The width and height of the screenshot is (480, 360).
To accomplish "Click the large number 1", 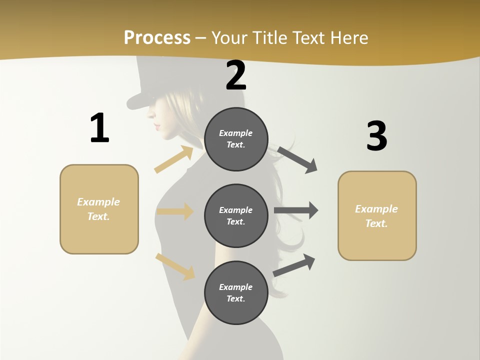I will [99, 128].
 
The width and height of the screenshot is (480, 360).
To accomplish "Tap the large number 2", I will [236, 75].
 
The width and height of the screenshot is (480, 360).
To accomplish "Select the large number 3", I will [376, 136].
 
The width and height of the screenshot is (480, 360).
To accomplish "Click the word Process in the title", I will [157, 37].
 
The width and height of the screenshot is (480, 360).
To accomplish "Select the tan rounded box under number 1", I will [99, 209].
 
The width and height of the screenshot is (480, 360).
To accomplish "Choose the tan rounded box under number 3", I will [377, 215].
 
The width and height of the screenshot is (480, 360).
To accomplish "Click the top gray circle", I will [236, 139].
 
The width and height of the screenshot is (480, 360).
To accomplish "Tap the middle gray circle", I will [236, 215].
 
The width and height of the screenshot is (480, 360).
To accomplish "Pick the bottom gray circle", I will [236, 292].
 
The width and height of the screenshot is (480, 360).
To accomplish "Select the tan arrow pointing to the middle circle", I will [175, 211].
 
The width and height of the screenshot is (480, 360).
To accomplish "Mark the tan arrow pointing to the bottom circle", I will [175, 267].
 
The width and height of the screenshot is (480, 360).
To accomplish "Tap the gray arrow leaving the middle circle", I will [296, 210].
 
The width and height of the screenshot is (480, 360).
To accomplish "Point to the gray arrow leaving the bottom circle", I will [294, 265].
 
